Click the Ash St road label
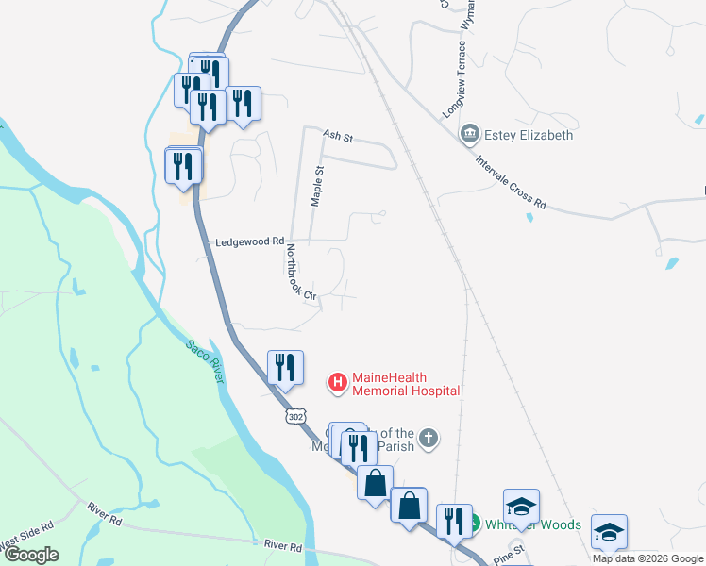(x=337, y=138)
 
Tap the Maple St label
(x=318, y=186)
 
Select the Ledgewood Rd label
(x=250, y=241)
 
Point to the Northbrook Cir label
(x=299, y=274)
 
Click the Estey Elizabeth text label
(x=529, y=135)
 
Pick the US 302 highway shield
(x=295, y=415)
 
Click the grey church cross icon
(x=429, y=438)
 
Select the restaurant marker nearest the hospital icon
(x=285, y=368)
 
